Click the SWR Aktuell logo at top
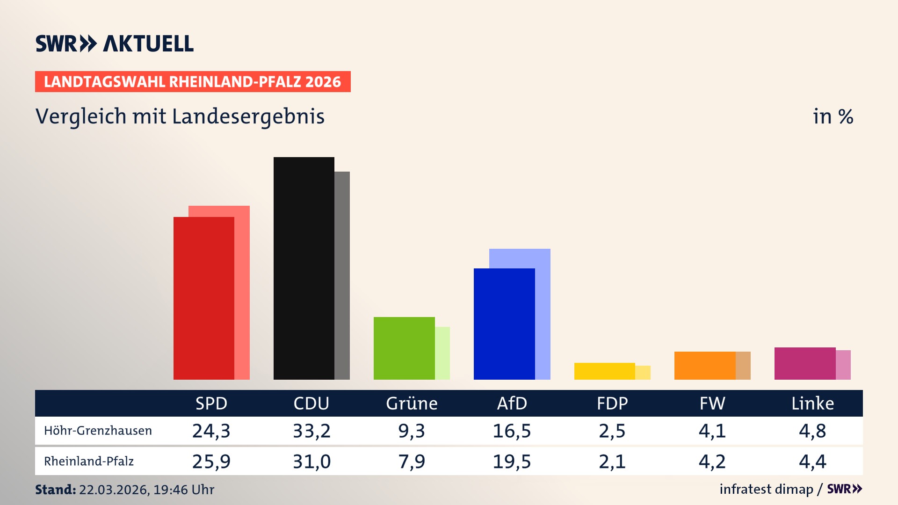pos(115,43)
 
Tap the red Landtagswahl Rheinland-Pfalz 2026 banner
pos(193,82)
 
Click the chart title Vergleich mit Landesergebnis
pos(180,116)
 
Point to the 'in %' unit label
pos(833,116)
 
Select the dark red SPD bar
pos(204,298)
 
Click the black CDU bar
pos(304,268)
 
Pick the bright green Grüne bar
pos(404,348)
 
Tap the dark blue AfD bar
pos(504,324)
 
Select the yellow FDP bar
pos(604,371)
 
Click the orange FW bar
pos(705,366)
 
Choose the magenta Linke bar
pos(805,363)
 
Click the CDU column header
pos(311,404)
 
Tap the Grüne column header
pos(412,404)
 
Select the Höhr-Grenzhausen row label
pos(98,431)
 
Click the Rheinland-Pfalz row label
pos(89,462)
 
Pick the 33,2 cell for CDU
pos(311,431)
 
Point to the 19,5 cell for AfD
pos(512,462)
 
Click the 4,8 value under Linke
pos(812,431)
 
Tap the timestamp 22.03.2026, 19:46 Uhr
pos(146,490)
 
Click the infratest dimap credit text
pos(766,489)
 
